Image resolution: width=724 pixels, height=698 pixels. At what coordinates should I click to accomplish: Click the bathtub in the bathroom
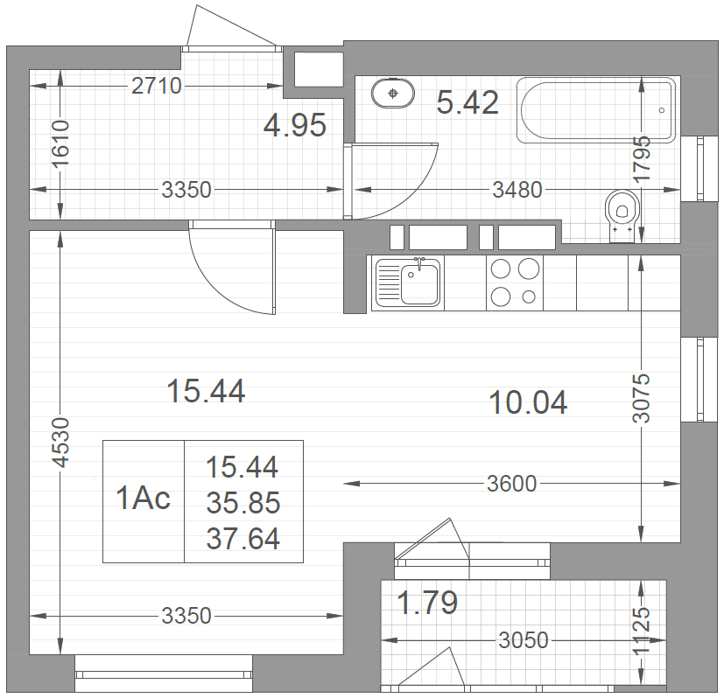595,110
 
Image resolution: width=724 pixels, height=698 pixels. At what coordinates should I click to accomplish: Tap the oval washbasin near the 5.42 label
392,94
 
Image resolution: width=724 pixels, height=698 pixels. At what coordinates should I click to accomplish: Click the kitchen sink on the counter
407,283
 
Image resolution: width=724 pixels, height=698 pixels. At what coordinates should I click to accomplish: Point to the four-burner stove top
515,283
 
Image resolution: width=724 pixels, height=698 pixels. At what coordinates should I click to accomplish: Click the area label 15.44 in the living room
206,391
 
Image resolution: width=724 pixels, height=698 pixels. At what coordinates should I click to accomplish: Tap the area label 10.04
528,402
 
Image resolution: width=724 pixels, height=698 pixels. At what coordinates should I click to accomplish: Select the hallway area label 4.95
294,125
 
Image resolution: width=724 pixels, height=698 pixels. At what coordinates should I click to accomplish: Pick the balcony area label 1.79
427,603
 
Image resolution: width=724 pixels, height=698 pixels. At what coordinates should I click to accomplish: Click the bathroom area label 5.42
467,102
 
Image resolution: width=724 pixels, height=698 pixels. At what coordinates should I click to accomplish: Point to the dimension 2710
157,86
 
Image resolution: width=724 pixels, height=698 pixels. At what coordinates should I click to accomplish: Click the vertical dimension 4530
61,443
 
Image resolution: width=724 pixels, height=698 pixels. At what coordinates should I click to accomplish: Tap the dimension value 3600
511,484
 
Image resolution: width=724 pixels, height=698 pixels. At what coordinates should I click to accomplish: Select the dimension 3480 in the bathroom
517,190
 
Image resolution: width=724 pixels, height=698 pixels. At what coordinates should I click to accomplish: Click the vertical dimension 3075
641,398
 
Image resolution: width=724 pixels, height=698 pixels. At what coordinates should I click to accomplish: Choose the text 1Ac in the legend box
143,499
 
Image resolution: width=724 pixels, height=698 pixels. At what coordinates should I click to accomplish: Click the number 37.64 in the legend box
243,539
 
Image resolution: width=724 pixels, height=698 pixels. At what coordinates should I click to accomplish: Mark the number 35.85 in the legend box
243,502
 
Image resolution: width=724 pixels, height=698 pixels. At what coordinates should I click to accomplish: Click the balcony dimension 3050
524,640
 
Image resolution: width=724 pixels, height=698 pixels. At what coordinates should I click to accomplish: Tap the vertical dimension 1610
61,143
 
